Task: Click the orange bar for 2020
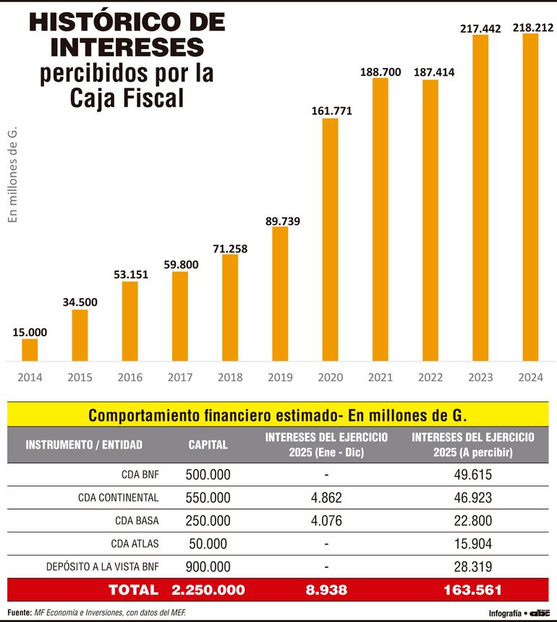pyautogui.click(x=330, y=239)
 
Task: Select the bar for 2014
pyautogui.click(x=30, y=349)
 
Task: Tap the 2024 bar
pyautogui.click(x=531, y=197)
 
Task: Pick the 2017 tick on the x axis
pyautogui.click(x=180, y=378)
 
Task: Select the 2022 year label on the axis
pyautogui.click(x=430, y=378)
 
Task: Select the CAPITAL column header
pyautogui.click(x=208, y=444)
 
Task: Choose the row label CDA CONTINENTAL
pyautogui.click(x=118, y=498)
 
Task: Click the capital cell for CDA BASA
pyautogui.click(x=208, y=521)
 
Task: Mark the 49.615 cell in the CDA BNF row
pyautogui.click(x=472, y=476)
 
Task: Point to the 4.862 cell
pyautogui.click(x=326, y=498)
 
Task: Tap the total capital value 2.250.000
pyautogui.click(x=208, y=590)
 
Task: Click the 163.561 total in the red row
pyautogui.click(x=472, y=590)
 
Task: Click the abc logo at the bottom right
pyautogui.click(x=540, y=613)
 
